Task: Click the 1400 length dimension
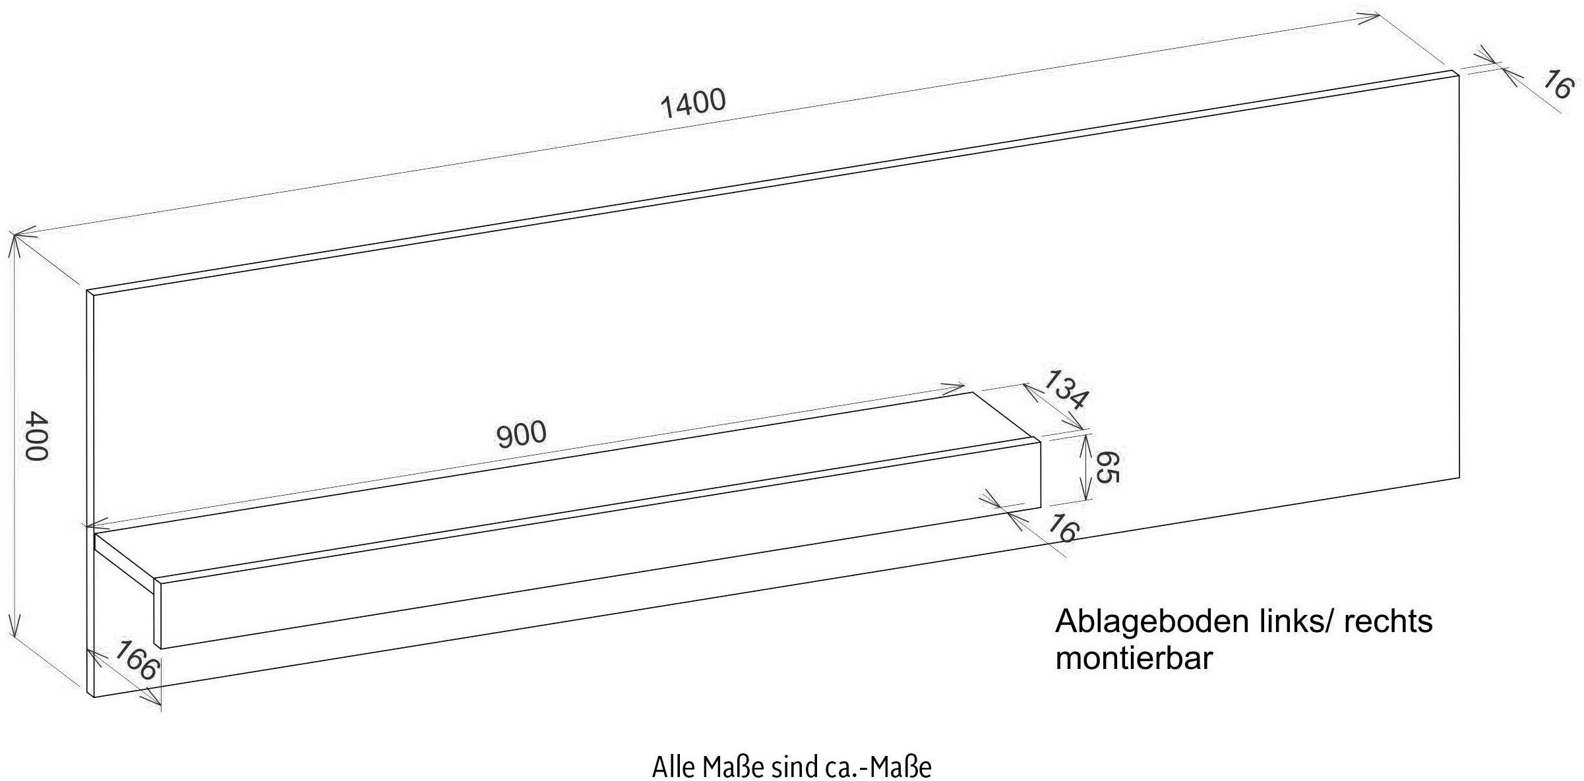tap(693, 104)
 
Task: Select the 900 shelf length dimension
tap(521, 434)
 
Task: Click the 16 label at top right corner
tap(1558, 86)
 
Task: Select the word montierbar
tap(1134, 658)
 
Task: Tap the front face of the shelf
tap(594, 580)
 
